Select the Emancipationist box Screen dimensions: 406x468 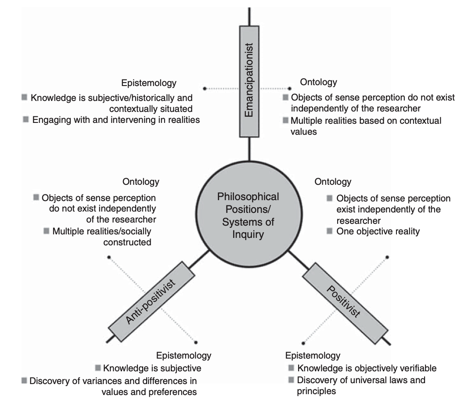[x=249, y=81]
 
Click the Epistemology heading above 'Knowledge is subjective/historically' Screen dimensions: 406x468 [x=149, y=83]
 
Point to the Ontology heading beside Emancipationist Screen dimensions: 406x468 [x=318, y=82]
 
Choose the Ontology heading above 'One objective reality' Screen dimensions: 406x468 [x=333, y=181]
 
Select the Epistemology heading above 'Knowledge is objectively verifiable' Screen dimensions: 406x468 [x=313, y=355]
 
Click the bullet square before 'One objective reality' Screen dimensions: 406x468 [x=330, y=231]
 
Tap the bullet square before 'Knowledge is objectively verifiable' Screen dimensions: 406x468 [x=291, y=368]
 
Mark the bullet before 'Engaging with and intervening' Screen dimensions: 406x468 [x=26, y=119]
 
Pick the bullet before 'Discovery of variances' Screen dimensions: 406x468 [x=24, y=380]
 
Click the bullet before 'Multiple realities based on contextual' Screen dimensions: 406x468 [x=286, y=120]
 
